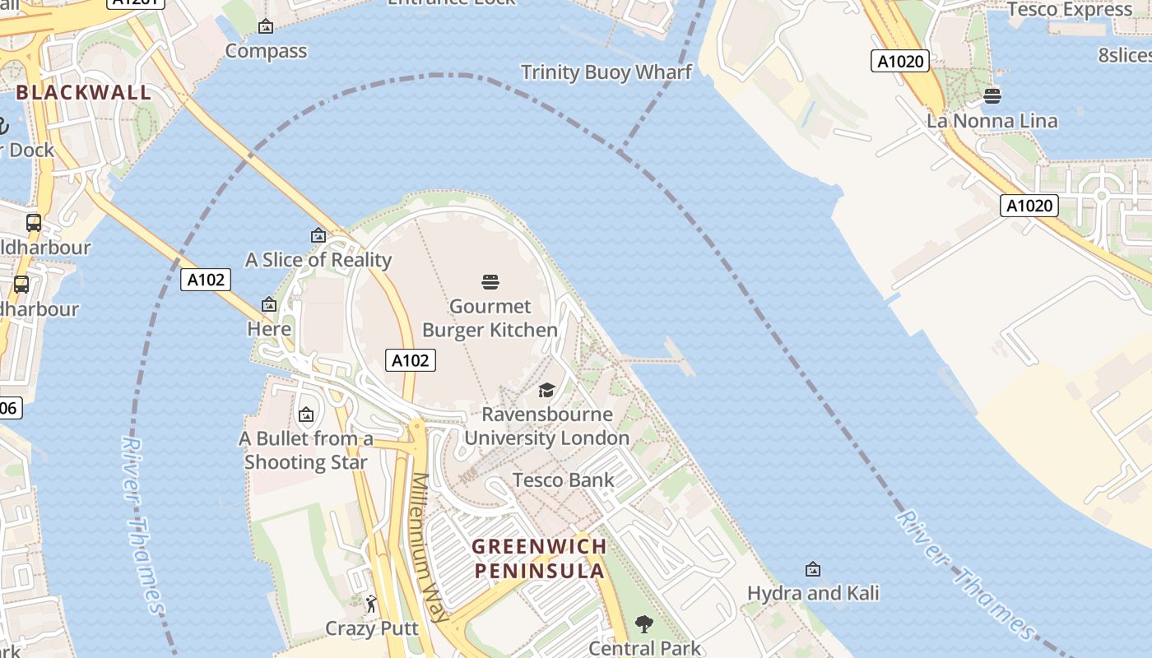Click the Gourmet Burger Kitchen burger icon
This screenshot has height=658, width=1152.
[x=490, y=283]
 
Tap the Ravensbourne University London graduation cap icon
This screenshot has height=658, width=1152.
[x=547, y=390]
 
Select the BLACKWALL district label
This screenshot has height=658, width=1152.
[x=84, y=92]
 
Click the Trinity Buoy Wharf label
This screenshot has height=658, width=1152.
[x=606, y=72]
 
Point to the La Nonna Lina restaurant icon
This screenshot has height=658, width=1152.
[x=992, y=96]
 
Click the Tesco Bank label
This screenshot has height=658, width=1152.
[x=563, y=480]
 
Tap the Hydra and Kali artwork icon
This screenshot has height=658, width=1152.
[x=813, y=569]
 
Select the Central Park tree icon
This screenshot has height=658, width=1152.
[x=644, y=625]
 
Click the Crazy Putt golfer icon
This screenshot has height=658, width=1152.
[x=372, y=605]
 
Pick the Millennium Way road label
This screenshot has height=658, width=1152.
[x=430, y=547]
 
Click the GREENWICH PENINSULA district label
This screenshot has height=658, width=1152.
[x=539, y=558]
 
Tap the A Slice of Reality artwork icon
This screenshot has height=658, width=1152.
[x=318, y=236]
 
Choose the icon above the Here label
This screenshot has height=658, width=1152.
[x=268, y=305]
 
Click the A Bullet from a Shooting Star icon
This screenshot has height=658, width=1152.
[x=306, y=415]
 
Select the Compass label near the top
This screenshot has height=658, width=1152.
[x=266, y=51]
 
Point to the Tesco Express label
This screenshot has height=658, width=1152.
[x=1070, y=10]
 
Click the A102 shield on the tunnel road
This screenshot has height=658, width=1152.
[x=206, y=280]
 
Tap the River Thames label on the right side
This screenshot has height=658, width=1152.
[x=966, y=576]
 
